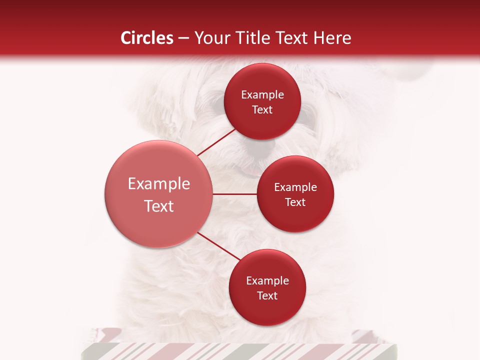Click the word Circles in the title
click(x=146, y=38)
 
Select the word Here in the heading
click(x=333, y=38)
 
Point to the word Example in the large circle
click(x=158, y=184)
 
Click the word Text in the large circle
click(x=158, y=206)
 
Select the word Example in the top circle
click(x=262, y=95)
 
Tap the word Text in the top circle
click(x=262, y=110)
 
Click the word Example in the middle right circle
click(x=295, y=187)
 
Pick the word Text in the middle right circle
click(x=295, y=202)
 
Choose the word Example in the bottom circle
click(x=267, y=281)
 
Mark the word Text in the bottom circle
click(x=267, y=296)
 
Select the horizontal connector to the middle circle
click(x=235, y=194)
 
